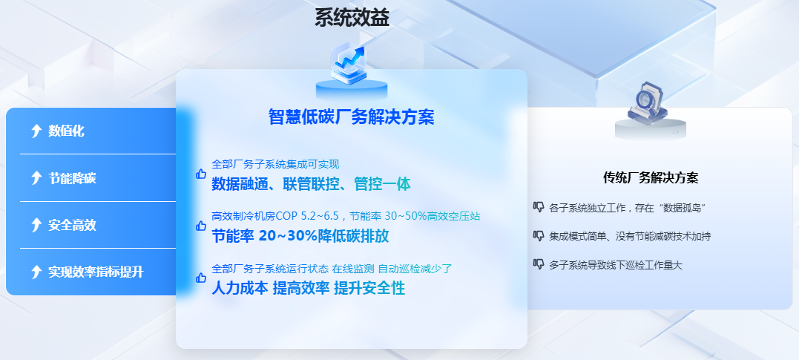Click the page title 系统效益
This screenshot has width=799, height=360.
pyautogui.click(x=352, y=18)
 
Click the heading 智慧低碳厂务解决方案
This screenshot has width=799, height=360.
pyautogui.click(x=352, y=117)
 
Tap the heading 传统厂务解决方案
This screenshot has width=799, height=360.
pyautogui.click(x=651, y=177)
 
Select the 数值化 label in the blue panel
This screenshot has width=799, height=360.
pyautogui.click(x=66, y=131)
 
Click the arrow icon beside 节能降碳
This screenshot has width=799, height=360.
pyautogui.click(x=36, y=178)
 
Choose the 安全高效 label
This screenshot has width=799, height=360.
pyautogui.click(x=73, y=225)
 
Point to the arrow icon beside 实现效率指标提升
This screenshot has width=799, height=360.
pyautogui.click(x=36, y=272)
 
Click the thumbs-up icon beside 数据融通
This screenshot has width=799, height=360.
pyautogui.click(x=201, y=174)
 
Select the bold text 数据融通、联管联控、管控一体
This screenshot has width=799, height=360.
pyautogui.click(x=311, y=184)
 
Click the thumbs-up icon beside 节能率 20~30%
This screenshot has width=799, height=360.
pyautogui.click(x=201, y=226)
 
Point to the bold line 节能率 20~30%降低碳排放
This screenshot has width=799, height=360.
pyautogui.click(x=300, y=236)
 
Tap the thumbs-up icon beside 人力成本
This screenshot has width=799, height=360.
pyautogui.click(x=201, y=278)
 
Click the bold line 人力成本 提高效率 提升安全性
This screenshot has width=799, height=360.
pyautogui.click(x=309, y=288)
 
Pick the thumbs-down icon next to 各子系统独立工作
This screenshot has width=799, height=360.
pyautogui.click(x=538, y=206)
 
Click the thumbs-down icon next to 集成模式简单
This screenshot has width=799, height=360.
pyautogui.click(x=538, y=235)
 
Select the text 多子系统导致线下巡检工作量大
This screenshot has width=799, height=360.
pyautogui.click(x=616, y=265)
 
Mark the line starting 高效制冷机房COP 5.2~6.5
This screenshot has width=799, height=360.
pyautogui.click(x=346, y=216)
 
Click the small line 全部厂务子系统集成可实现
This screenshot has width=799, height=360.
pyautogui.click(x=275, y=164)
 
